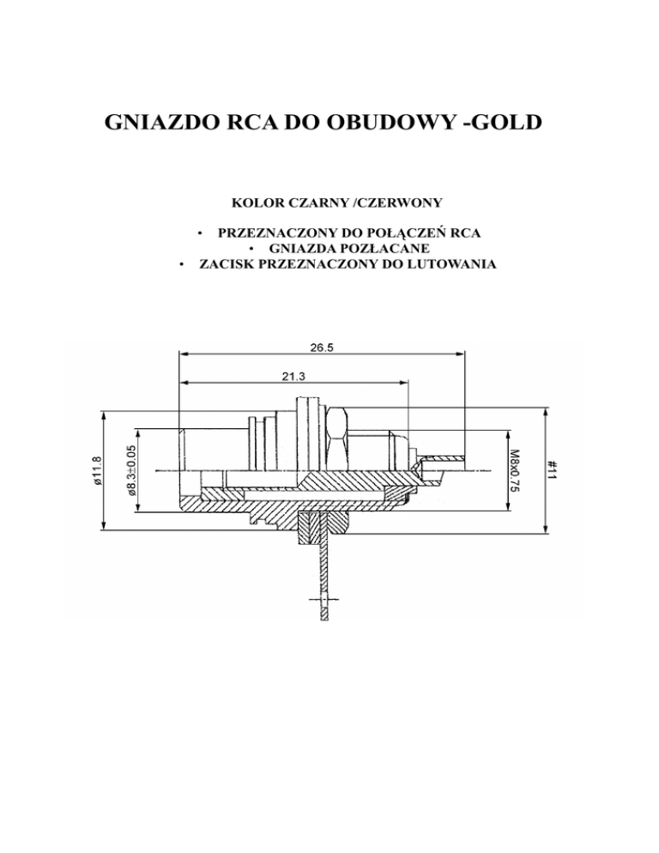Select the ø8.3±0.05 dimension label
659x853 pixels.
[131, 469]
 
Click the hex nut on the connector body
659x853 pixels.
[335, 438]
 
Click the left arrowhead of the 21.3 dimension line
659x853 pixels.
[182, 382]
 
